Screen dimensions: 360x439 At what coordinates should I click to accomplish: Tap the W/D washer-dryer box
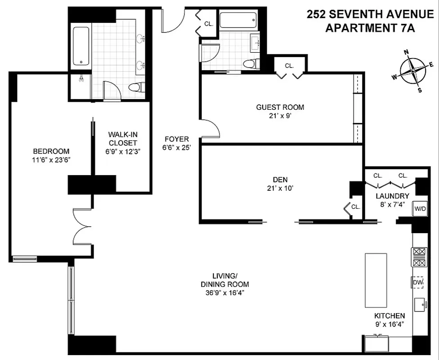click(x=420, y=208)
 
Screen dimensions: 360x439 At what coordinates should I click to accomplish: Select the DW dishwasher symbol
click(x=418, y=282)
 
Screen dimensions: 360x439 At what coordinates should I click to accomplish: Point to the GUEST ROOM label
click(x=280, y=107)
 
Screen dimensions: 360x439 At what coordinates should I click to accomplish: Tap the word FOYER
click(x=176, y=139)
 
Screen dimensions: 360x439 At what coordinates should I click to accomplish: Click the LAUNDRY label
click(x=392, y=196)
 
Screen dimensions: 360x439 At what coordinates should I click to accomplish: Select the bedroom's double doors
click(x=82, y=229)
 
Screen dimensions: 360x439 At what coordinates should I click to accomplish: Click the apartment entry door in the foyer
click(x=173, y=22)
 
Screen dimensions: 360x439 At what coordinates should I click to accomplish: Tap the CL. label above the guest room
click(x=289, y=66)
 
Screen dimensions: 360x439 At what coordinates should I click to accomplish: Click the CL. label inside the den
click(x=355, y=207)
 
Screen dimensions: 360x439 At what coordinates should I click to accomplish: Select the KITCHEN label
click(x=390, y=316)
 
